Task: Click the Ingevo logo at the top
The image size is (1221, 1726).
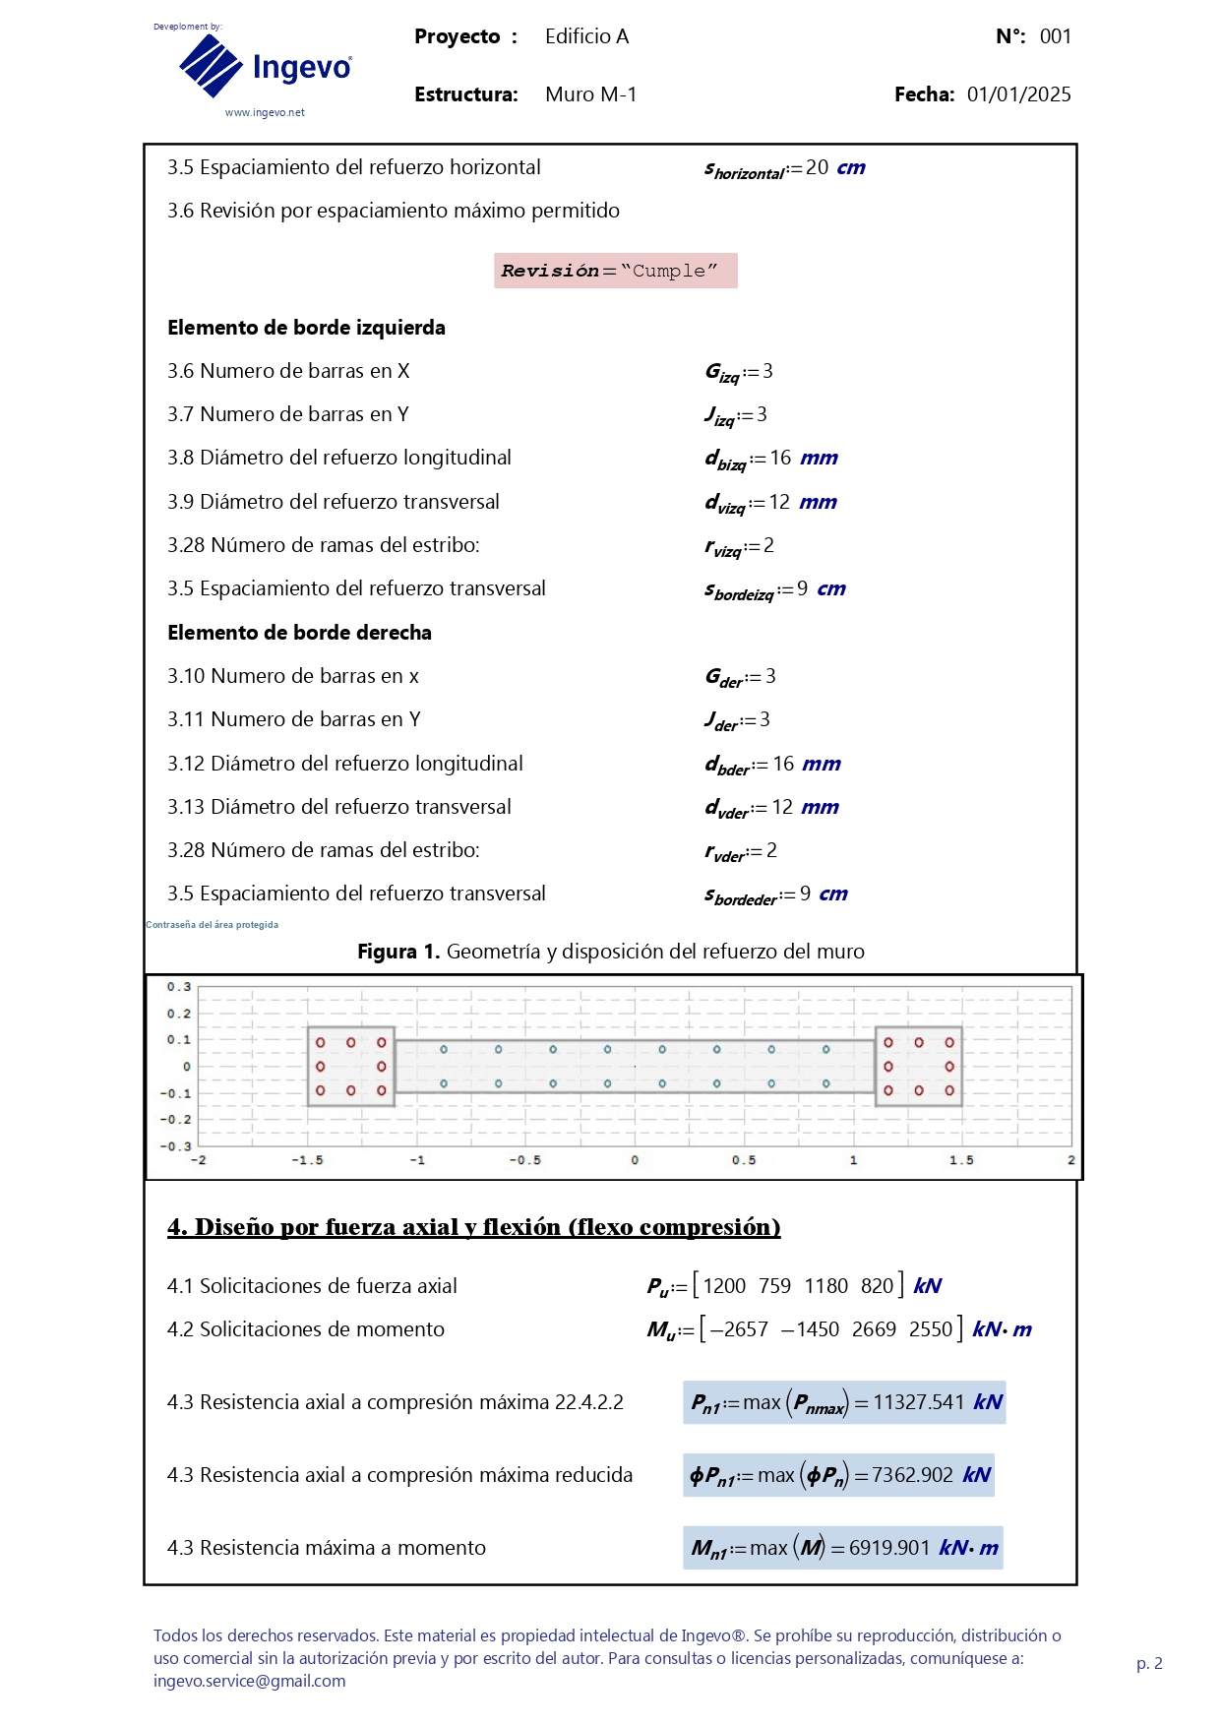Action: [265, 67]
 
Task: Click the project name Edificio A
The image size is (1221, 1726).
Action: [586, 36]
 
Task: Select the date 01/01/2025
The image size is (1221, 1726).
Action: [1018, 94]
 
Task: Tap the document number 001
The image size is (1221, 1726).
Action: [1055, 36]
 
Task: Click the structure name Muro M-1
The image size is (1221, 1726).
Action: [590, 94]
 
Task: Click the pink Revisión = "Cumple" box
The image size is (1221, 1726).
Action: [615, 271]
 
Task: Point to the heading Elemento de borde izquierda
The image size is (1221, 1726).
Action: [306, 328]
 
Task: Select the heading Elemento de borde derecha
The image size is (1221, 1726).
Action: [299, 633]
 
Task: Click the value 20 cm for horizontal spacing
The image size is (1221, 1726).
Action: [834, 167]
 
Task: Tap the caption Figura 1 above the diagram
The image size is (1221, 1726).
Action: [610, 952]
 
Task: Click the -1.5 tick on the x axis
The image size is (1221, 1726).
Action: [307, 1160]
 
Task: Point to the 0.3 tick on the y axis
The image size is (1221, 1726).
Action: [179, 987]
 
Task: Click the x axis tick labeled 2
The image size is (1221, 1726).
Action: [1070, 1160]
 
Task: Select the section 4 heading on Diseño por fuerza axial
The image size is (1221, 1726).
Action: [473, 1227]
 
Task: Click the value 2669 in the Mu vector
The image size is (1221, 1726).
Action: [874, 1329]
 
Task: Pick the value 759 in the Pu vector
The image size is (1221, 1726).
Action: [774, 1286]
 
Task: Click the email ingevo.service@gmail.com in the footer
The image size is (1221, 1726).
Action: [249, 1681]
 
